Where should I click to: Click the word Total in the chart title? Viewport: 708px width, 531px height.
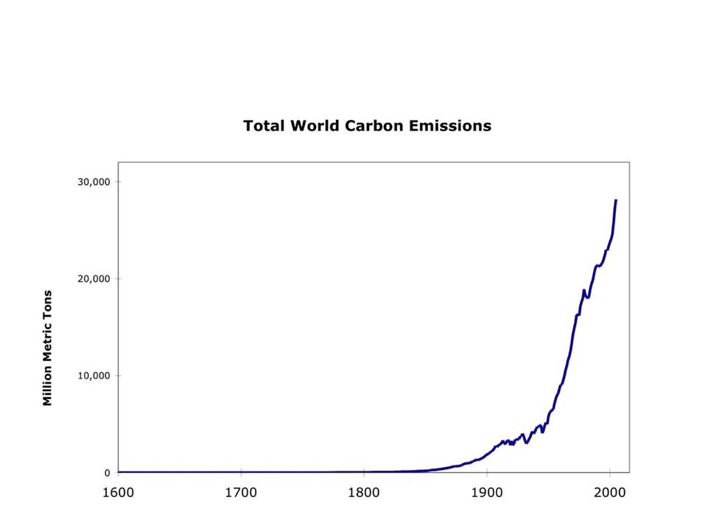[264, 125]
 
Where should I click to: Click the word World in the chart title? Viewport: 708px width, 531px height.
[315, 125]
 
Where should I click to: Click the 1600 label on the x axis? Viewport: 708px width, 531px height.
[119, 491]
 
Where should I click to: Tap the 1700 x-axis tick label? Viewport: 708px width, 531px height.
[241, 491]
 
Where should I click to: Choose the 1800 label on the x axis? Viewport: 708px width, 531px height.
[364, 491]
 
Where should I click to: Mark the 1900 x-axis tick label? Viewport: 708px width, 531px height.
[486, 491]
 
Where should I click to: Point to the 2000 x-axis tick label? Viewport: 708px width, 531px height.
[609, 491]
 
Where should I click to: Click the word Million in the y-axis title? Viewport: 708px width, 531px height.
[48, 384]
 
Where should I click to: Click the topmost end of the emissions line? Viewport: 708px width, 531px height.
[616, 200]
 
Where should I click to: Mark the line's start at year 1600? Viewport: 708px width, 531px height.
[119, 472]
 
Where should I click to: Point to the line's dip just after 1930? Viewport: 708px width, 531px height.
[526, 443]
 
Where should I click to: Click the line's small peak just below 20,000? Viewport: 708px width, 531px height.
[583, 290]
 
